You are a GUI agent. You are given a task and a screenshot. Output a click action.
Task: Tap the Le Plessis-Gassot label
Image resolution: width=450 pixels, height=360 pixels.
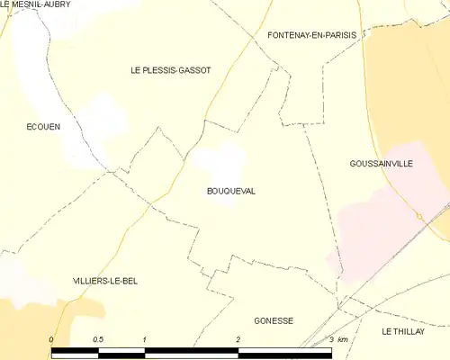pos(171,70)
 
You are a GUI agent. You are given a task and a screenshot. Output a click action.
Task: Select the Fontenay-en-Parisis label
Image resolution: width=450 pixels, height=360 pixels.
pos(312,35)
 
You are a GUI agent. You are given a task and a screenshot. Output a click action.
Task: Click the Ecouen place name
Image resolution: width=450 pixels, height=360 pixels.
pos(43,127)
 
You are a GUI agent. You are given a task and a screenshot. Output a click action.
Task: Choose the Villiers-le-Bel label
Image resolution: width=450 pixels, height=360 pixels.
pos(105,281)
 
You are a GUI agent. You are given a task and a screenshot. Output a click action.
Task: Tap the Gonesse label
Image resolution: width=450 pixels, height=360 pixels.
pos(274,320)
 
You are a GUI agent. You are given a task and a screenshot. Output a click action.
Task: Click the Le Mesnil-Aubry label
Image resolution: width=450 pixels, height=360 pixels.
pos(36,4)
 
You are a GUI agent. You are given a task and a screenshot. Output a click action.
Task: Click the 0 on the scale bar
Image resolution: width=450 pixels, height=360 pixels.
pos(51,339)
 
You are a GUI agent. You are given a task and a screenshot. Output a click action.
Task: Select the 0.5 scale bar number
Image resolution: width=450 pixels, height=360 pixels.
pos(97,339)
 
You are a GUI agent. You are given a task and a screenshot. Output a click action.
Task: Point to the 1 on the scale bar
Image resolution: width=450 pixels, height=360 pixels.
pos(144,339)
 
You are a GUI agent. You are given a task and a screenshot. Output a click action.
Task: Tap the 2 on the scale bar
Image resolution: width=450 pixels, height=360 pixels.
pos(238,339)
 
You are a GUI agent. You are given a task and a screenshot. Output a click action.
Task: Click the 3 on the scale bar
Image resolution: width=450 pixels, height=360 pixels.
pos(331,339)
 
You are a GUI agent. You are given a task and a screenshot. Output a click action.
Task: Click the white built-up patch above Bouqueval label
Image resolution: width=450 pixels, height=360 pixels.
pos(222,162)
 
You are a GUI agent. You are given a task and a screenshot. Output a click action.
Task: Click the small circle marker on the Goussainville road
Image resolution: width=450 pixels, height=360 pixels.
pos(418,216)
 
